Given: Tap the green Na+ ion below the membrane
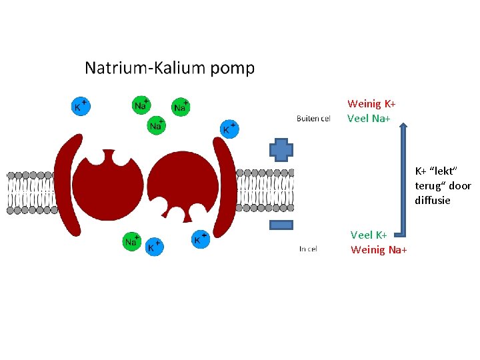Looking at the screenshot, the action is click(x=131, y=241).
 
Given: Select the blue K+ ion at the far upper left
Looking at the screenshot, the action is click(x=81, y=106).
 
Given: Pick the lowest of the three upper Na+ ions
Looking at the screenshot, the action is click(x=156, y=125).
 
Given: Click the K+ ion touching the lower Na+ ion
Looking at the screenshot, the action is click(x=154, y=247).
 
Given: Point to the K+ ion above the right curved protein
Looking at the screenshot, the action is click(x=229, y=129).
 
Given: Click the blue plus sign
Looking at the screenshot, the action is click(x=281, y=150).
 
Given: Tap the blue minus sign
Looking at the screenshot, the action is click(x=281, y=225).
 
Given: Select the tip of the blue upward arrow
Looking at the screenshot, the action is click(x=403, y=123).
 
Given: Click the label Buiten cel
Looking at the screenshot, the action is click(x=313, y=119).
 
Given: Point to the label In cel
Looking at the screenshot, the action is click(x=308, y=249).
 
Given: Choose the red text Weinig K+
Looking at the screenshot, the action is click(x=371, y=104).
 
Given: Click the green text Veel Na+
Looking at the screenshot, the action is click(x=369, y=118).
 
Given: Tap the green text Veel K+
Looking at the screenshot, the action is click(x=369, y=235).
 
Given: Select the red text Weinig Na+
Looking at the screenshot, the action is click(x=379, y=250).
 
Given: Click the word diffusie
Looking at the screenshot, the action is click(x=433, y=201).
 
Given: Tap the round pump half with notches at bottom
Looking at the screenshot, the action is click(x=183, y=183).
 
